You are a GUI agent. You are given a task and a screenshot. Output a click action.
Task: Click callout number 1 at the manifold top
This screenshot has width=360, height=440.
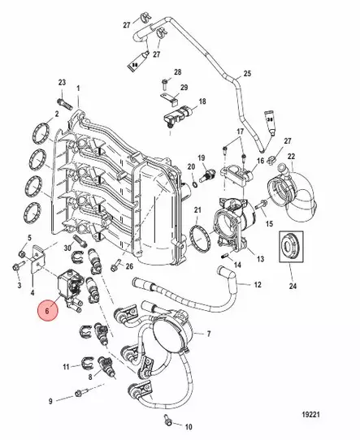pos(78,88)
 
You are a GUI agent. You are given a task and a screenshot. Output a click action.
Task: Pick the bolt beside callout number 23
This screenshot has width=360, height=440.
pos(63,103)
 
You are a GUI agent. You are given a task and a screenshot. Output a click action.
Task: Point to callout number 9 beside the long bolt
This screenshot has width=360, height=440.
pos(50,401)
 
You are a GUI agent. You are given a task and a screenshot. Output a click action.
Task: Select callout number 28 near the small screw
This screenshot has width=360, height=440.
pos(177,72)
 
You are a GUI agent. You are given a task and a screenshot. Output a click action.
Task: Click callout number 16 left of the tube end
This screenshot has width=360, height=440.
pos(259,161)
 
